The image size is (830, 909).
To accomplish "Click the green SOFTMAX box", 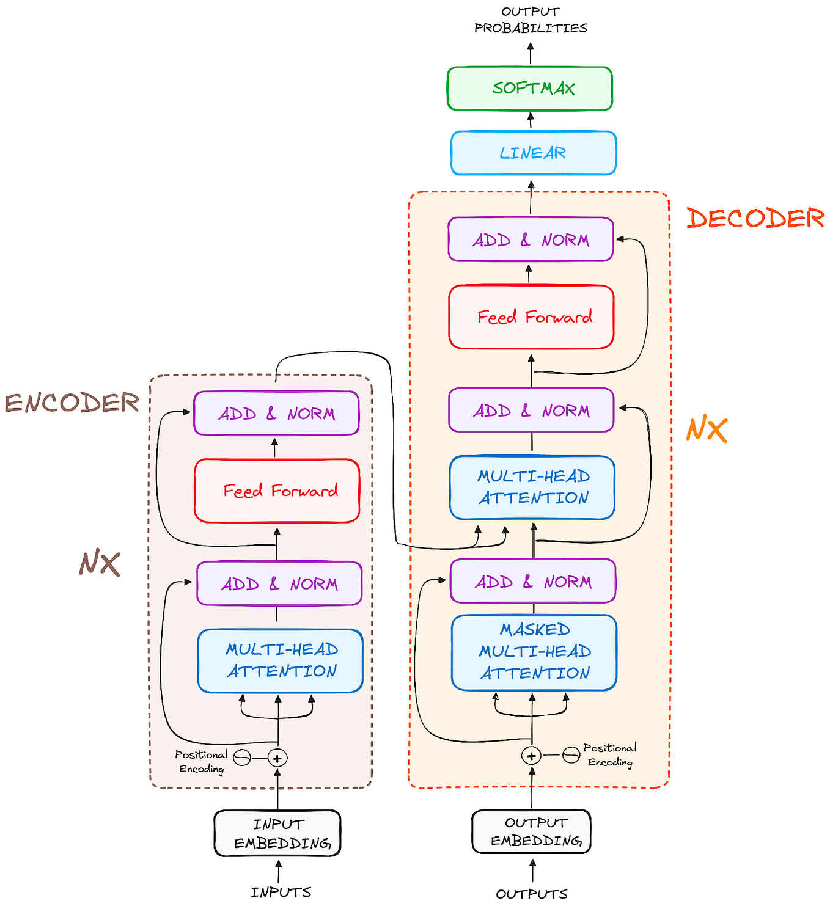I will point(530,89).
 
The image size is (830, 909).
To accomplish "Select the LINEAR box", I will point(533,153).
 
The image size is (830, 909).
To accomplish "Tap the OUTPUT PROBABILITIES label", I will point(531,20).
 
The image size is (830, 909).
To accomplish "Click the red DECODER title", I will point(755,219).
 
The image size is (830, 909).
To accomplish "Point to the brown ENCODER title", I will point(72,403).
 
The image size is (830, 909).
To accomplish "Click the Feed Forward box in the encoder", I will point(277,491).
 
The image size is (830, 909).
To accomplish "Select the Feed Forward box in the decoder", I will point(531,316).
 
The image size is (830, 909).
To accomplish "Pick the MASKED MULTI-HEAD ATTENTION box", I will point(534,652).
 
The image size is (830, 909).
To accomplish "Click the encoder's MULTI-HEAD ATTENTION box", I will point(280,660).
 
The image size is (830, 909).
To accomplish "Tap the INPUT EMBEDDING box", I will point(277,833).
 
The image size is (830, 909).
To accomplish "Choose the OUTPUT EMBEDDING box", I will point(531,831).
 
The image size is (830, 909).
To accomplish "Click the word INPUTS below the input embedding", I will point(281,893).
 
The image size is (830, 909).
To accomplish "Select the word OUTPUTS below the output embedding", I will point(531,894).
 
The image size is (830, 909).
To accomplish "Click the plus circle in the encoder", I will point(277,758).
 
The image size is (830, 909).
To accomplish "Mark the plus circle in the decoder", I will point(531,756).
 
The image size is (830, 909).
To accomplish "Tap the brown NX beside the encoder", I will point(99,563).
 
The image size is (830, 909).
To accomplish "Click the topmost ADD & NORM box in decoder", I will point(531,239).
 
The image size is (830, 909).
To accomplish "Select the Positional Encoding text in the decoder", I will point(609,755).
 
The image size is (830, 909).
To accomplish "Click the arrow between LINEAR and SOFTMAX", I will point(531,120).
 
